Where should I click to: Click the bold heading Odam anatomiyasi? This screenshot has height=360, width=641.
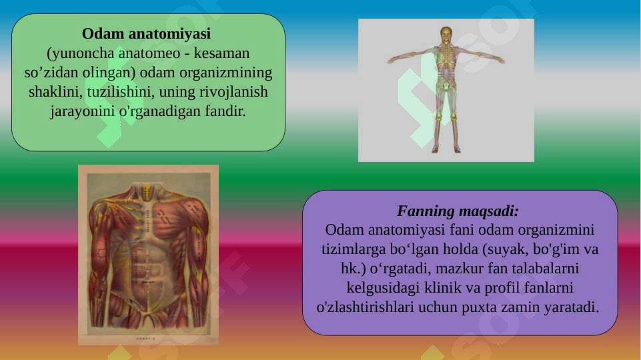[x=146, y=33]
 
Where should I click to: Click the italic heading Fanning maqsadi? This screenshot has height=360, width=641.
[x=458, y=211]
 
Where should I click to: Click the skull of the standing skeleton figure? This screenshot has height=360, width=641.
[x=446, y=33]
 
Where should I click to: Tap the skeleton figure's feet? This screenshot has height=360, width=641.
[x=446, y=149]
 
